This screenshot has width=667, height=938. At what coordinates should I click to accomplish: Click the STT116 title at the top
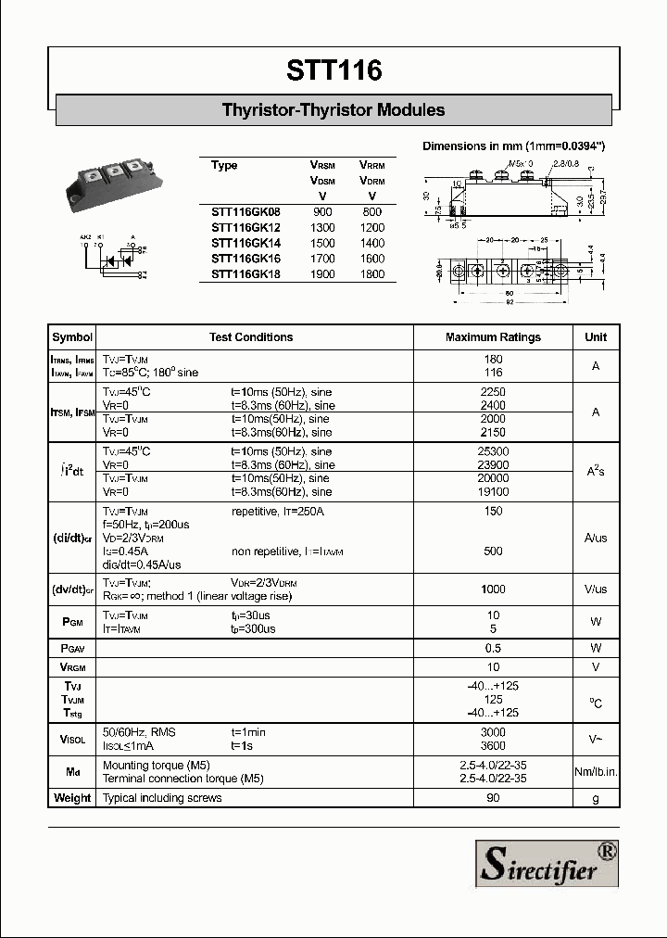333,70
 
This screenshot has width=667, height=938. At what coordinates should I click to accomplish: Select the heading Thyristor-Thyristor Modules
333,109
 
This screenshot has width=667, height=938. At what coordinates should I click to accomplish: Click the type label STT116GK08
245,212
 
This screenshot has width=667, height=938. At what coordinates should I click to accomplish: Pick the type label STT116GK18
245,274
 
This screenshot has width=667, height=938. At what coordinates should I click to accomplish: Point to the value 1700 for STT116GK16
322,259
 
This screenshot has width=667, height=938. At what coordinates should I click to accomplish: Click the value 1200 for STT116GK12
371,228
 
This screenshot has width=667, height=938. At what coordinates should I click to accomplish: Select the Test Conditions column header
251,337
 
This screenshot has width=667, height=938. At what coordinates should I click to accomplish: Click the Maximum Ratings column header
493,337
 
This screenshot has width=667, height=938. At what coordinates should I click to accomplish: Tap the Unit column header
596,337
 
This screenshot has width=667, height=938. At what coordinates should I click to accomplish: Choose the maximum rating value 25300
493,451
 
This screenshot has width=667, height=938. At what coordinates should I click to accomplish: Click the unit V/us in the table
596,589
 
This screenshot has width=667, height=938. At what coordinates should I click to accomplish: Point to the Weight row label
72,798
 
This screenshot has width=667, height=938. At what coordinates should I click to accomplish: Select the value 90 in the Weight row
493,798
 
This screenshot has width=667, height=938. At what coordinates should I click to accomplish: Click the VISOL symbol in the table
72,739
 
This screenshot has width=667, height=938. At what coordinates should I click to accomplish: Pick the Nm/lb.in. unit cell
596,772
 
